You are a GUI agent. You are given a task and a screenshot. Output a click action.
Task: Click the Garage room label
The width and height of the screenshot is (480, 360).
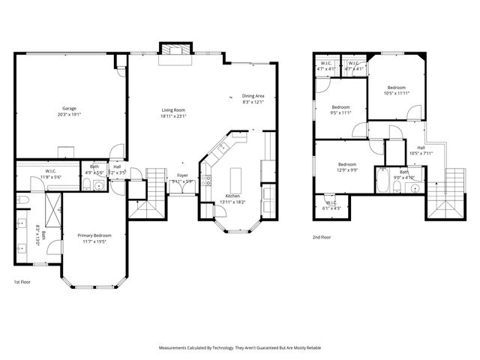(x=69, y=112)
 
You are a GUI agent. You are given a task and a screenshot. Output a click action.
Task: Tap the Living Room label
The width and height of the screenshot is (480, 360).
(x=173, y=113)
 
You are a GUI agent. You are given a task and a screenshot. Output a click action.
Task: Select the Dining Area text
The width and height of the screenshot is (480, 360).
(x=253, y=98)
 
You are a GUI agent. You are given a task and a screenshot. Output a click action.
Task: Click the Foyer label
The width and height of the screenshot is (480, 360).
(x=182, y=178)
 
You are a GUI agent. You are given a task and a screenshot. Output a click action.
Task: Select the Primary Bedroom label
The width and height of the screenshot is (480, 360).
(x=95, y=238)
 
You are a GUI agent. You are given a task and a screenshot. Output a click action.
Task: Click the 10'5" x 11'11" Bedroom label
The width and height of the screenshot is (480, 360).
(x=395, y=90)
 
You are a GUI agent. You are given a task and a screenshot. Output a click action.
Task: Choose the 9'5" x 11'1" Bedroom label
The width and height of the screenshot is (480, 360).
(x=341, y=109)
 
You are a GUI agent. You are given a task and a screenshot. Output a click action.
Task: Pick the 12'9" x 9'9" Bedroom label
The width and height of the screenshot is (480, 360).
(x=346, y=166)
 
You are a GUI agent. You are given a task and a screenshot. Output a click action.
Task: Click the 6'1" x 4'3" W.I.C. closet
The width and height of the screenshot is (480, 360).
(x=331, y=205)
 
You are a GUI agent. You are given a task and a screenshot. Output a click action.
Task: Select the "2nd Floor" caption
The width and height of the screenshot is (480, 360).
(x=322, y=237)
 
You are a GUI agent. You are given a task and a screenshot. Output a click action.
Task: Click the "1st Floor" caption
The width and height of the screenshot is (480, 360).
(x=22, y=282)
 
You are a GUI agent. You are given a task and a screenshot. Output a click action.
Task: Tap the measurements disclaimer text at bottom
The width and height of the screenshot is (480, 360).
(x=239, y=348)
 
